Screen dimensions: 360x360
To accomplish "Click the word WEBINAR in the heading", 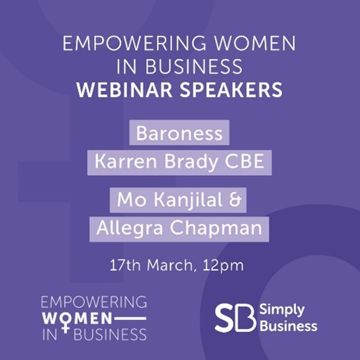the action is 124,90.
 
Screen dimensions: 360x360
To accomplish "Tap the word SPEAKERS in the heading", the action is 231,90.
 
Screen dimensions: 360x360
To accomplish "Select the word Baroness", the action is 179,134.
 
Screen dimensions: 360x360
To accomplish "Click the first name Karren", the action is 126,162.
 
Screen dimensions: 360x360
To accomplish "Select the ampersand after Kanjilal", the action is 235,200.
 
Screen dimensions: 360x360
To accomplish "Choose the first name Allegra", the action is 129,229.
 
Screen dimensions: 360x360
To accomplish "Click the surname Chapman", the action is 216,229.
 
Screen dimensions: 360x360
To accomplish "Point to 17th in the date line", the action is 125,265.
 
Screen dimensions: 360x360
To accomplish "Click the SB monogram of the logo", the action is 235,318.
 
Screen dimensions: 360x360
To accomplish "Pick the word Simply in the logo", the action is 282,311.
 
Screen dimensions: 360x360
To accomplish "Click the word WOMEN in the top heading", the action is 255,43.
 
